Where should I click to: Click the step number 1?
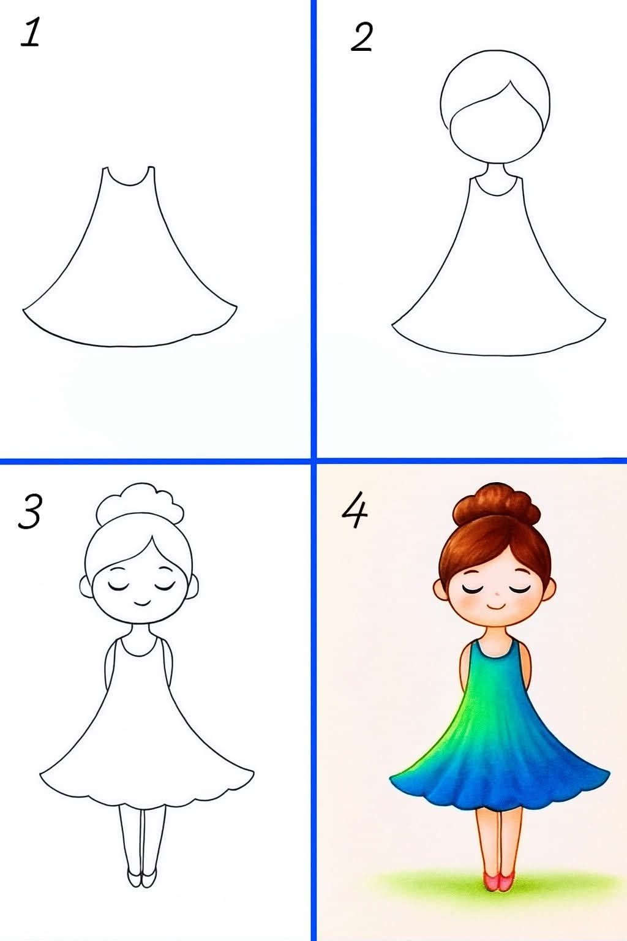30,33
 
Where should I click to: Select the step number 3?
29,511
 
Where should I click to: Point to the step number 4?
354,511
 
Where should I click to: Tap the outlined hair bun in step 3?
141,504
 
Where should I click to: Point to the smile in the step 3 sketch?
142,602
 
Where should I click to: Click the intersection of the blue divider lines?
313,459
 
